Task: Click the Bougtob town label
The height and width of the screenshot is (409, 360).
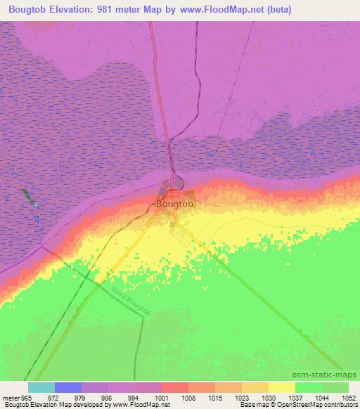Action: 174,204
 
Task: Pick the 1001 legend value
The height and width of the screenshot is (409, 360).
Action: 162,397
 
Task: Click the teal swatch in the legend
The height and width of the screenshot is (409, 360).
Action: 41,387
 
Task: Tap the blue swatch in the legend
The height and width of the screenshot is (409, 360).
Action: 68,387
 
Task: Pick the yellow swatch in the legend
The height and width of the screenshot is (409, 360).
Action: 282,387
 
